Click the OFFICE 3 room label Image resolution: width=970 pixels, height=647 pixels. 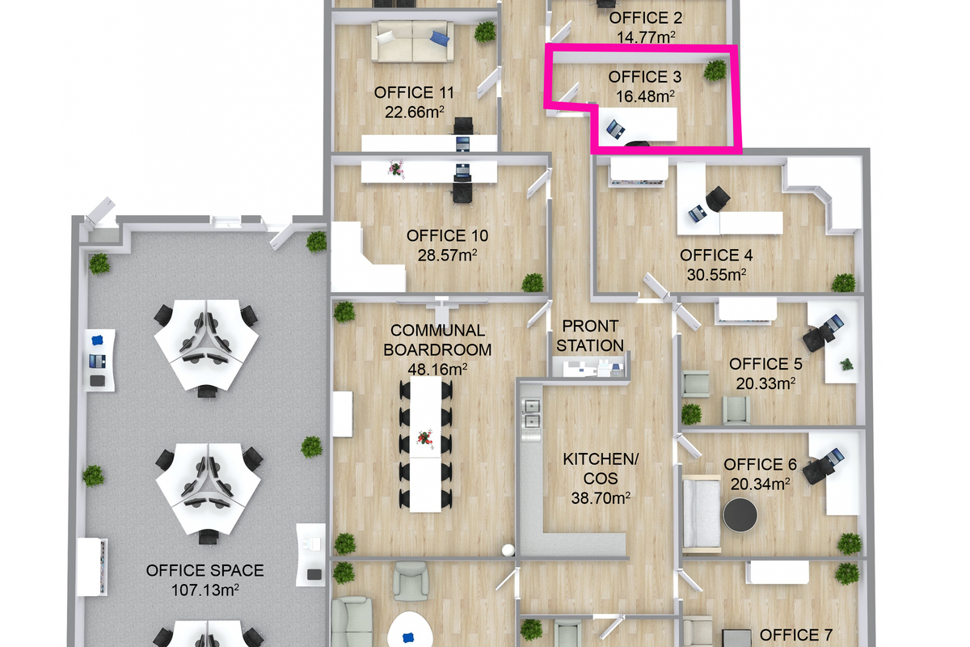(x=645, y=77)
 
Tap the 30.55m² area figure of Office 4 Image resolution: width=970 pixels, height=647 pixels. (x=716, y=275)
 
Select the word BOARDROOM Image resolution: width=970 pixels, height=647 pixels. (x=437, y=349)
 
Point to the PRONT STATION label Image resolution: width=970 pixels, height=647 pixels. (x=590, y=336)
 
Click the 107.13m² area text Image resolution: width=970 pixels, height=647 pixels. (x=205, y=590)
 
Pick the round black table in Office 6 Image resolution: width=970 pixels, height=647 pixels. (x=740, y=515)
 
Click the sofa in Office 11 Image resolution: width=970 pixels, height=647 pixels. (x=413, y=41)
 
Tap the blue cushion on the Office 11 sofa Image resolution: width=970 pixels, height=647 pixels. (x=440, y=38)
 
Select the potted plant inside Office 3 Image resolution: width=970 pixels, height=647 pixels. (x=715, y=70)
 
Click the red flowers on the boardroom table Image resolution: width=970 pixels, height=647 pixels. (x=425, y=438)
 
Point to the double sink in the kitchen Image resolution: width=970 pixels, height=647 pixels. (x=531, y=414)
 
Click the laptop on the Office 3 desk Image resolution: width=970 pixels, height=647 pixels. (x=615, y=129)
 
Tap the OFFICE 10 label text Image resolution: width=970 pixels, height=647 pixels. (x=447, y=235)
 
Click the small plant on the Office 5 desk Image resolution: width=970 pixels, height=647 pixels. (x=846, y=364)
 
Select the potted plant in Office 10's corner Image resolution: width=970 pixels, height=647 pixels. (x=533, y=283)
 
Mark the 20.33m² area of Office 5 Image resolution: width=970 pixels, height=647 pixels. (x=765, y=383)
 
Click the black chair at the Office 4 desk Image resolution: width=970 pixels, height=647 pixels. (x=718, y=199)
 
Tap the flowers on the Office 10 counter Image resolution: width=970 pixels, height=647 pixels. (x=396, y=168)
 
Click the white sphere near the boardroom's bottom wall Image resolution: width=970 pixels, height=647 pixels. (x=508, y=551)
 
